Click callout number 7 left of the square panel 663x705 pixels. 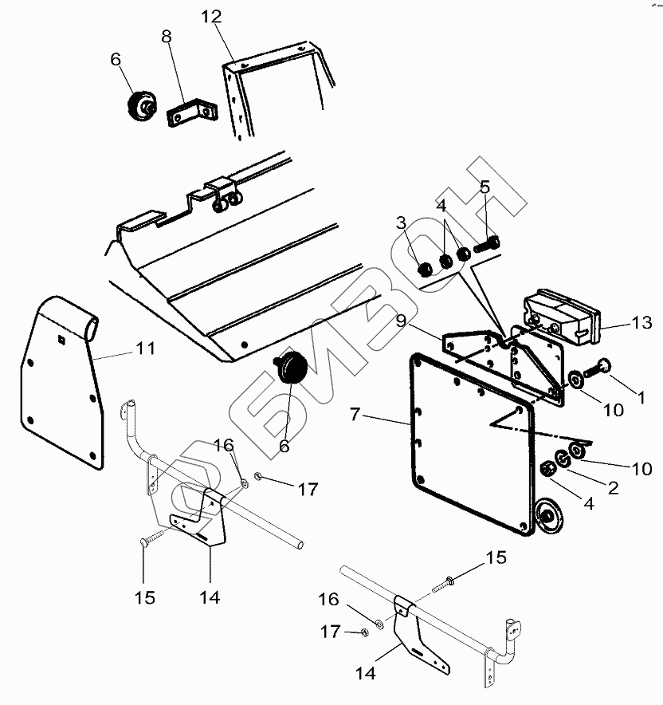coord(355,413)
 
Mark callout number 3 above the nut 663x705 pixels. coord(402,221)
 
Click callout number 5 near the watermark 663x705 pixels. coord(484,188)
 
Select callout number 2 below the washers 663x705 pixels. coord(613,488)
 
